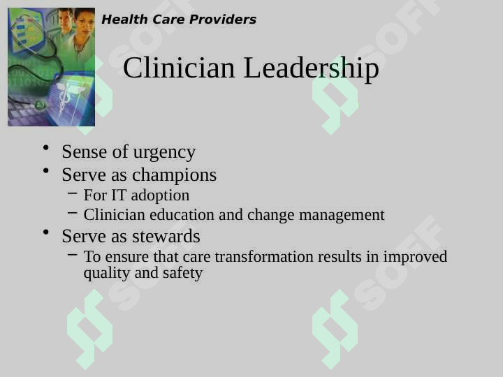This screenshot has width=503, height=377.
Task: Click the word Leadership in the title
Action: (x=311, y=68)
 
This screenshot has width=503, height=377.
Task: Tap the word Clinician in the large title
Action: (x=179, y=67)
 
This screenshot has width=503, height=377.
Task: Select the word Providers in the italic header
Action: (x=223, y=20)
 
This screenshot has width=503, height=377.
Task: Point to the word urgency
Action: (x=164, y=152)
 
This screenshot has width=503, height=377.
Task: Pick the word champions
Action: (x=174, y=175)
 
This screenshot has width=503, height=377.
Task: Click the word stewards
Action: (x=166, y=236)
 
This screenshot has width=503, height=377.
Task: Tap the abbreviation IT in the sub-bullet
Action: (x=119, y=195)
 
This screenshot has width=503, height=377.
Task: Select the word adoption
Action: (x=160, y=195)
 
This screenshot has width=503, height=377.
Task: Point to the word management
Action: (x=342, y=215)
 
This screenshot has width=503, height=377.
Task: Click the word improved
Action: (x=415, y=257)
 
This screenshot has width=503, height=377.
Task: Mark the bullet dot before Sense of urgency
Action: (x=46, y=148)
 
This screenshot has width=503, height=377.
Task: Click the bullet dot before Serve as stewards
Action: (x=46, y=232)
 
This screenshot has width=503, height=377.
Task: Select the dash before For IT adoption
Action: (x=73, y=193)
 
